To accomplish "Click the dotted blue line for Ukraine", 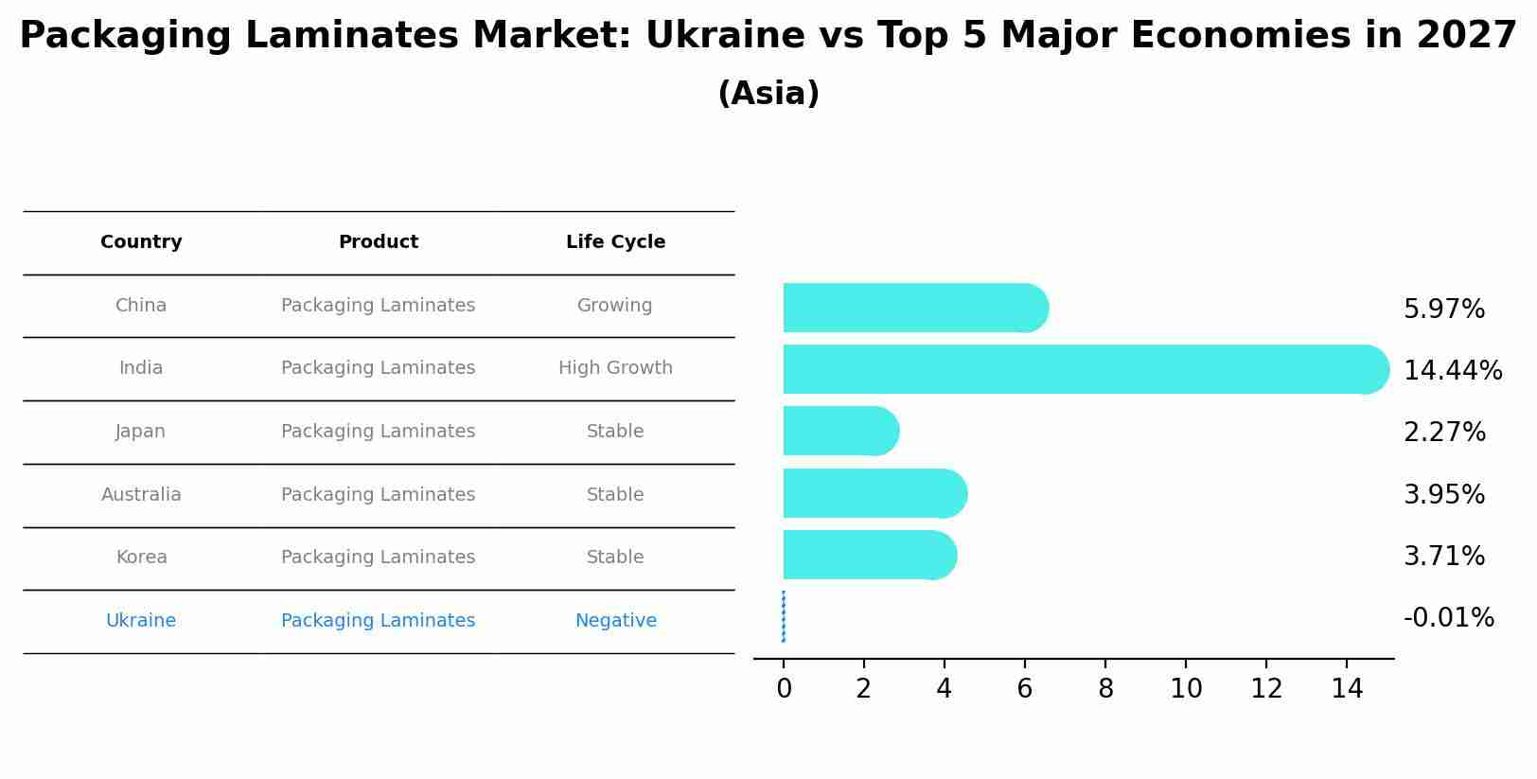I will pos(784,616).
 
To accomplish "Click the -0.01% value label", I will pos(1448,618).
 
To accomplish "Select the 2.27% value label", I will pos(1444,433).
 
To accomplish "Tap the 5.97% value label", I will pos(1444,310).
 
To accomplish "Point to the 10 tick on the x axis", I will pos(1186,689).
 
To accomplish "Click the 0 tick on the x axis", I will pos(784,689).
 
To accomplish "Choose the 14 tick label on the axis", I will pos(1347,689).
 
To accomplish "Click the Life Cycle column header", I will pos(615,242).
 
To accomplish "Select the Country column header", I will pos(141,242).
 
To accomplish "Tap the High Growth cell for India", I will pos(615,368).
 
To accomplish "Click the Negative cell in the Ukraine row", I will pos(615,621).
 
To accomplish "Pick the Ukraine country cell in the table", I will pos(141,621).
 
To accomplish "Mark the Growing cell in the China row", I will pos(615,306).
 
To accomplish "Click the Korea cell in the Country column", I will pos(141,558).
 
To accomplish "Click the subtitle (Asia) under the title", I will pos(768,94).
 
